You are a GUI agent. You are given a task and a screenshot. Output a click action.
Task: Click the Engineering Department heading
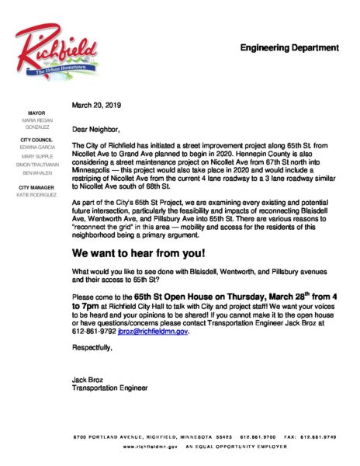tap(289, 47)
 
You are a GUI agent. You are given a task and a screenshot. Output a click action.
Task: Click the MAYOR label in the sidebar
tap(37, 112)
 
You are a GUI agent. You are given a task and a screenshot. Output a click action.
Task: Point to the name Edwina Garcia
tap(37, 147)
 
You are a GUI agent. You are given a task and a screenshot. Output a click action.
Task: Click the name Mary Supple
tap(37, 157)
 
